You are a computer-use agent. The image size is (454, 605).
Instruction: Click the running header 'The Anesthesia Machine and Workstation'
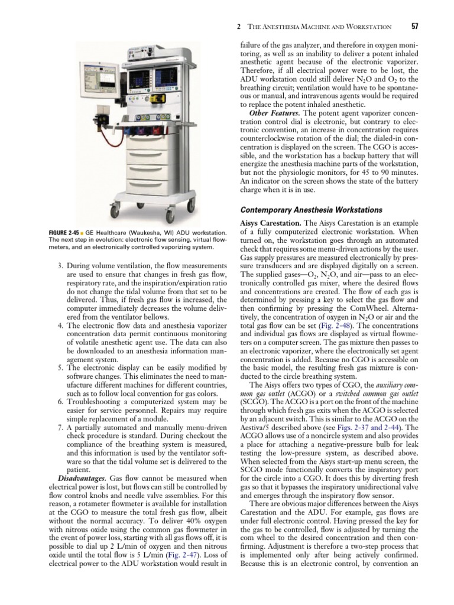(319, 27)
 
